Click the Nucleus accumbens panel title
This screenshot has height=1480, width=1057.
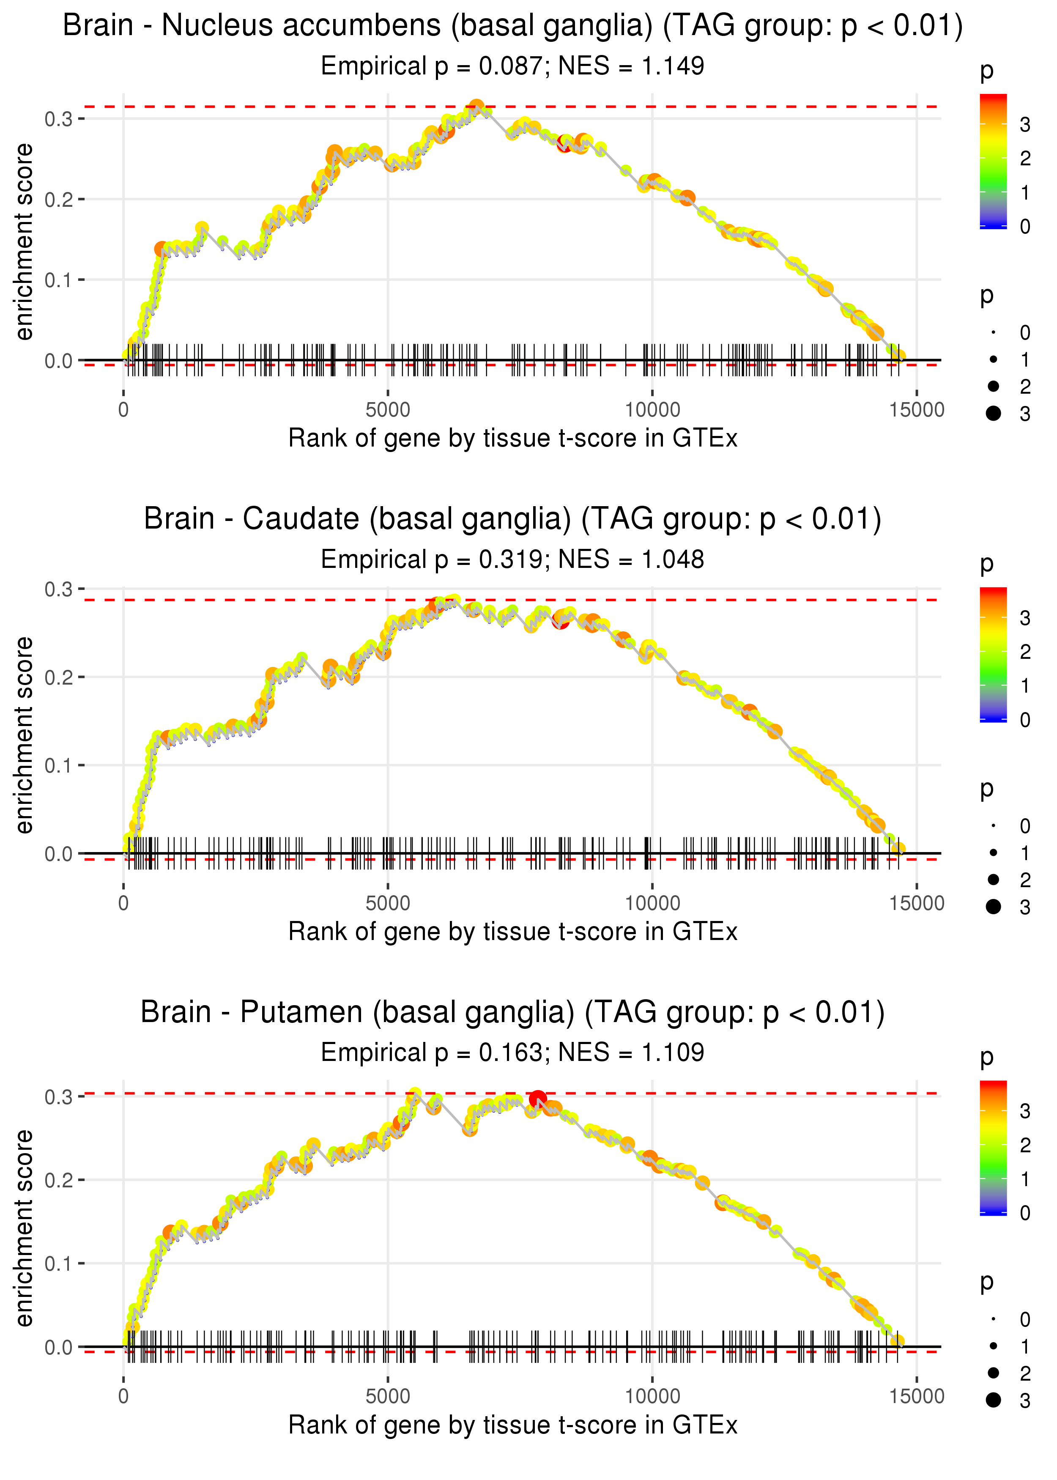512,26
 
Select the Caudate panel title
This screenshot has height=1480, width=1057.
512,519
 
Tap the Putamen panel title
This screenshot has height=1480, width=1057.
512,1012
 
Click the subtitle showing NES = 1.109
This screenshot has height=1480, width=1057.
512,1052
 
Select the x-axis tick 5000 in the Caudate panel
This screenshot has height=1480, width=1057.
388,903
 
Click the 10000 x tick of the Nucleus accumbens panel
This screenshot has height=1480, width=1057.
652,410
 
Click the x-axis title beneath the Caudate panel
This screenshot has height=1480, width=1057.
512,932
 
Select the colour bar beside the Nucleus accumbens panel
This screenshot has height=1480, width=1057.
993,161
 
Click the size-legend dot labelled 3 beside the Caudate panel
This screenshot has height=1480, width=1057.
993,907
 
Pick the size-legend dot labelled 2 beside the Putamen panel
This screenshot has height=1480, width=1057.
993,1373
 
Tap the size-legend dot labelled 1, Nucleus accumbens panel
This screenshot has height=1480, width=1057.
993,359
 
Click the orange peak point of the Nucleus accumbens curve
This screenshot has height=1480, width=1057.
476,107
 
